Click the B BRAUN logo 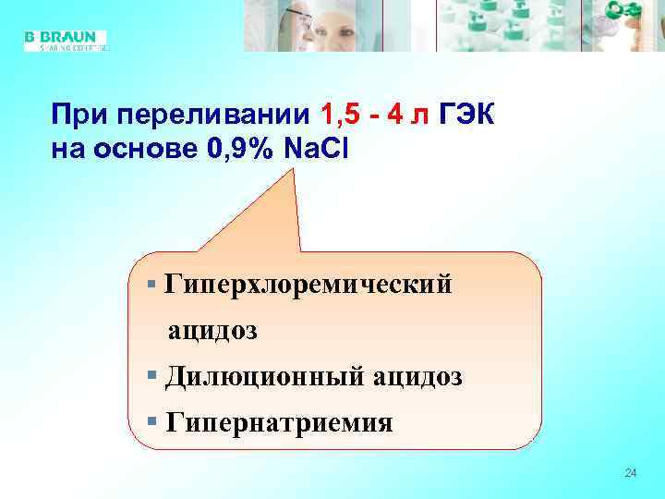point(65,40)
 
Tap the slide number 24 point(631,473)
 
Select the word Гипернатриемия point(278,423)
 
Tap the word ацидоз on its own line point(212,330)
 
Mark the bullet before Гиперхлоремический point(152,282)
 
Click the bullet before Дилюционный point(152,375)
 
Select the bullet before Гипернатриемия point(152,421)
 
